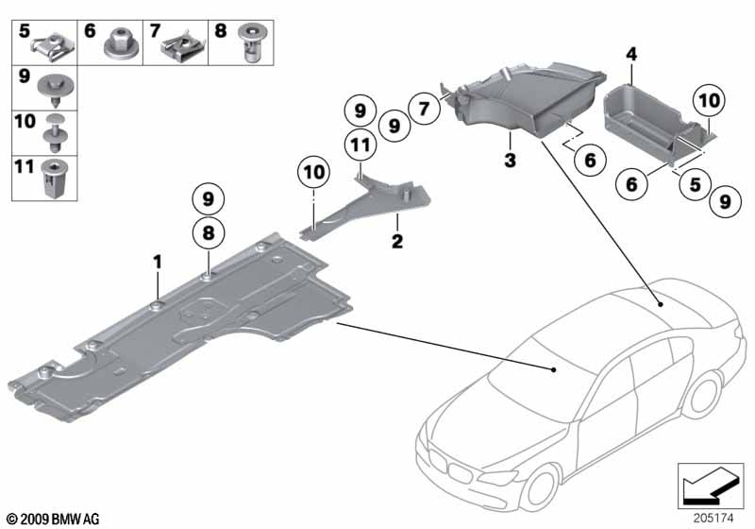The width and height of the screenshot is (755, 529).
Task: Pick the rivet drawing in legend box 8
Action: coord(251,43)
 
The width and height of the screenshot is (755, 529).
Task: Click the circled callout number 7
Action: coord(425,109)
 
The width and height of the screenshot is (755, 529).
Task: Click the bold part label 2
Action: coord(397,242)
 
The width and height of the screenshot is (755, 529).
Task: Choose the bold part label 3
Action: coord(509,162)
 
